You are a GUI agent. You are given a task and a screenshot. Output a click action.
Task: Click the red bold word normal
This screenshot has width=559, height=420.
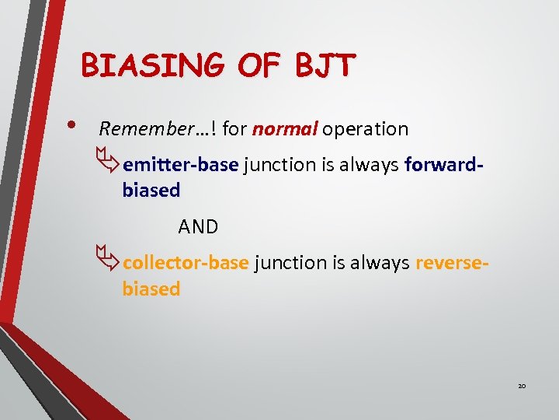coord(284,129)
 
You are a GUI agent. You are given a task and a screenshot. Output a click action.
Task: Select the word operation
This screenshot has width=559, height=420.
coord(365,129)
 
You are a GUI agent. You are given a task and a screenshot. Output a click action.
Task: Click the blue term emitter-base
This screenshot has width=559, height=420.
coord(180,165)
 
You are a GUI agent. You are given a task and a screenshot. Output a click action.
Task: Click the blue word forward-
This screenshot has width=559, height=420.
coord(444,165)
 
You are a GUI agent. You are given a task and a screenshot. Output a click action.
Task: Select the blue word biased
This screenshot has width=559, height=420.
coord(151,191)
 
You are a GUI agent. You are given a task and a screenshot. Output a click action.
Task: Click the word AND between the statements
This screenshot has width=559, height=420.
coord(198,226)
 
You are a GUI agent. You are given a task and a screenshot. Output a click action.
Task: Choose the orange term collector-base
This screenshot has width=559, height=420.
coord(186,263)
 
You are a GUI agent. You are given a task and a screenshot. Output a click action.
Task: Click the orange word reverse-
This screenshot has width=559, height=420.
coord(452,263)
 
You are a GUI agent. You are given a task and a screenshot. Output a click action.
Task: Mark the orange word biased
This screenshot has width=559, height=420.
coord(151,289)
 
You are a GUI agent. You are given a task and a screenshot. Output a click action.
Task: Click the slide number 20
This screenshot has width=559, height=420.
coord(523,386)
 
